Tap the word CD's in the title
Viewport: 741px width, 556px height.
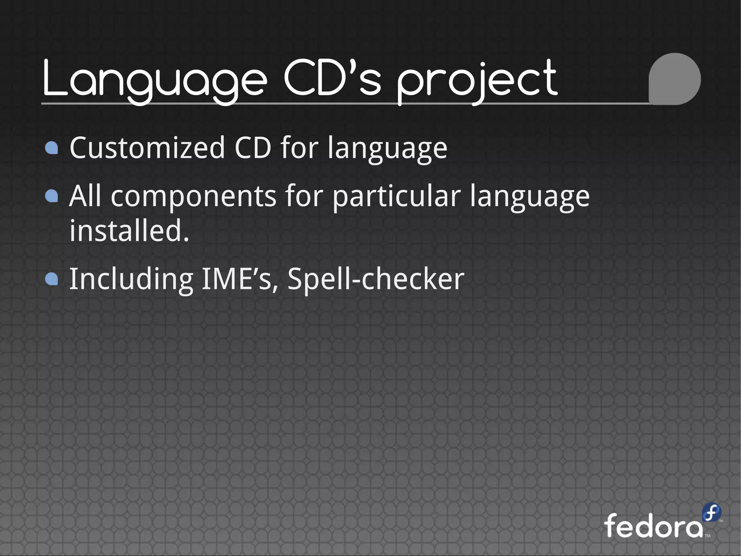click(x=332, y=78)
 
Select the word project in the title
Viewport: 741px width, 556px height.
click(x=477, y=80)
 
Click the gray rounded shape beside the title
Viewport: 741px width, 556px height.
click(x=674, y=79)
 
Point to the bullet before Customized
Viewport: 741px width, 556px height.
click(x=52, y=148)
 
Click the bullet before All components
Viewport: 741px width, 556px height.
click(x=52, y=196)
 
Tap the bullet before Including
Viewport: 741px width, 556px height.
click(x=52, y=279)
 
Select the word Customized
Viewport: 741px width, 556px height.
click(x=148, y=148)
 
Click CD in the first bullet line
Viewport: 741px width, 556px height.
click(x=253, y=148)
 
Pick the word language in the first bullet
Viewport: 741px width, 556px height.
click(x=387, y=149)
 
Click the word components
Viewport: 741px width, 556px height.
click(x=194, y=196)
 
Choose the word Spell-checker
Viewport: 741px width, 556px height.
click(x=376, y=279)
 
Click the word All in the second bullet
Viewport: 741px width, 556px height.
click(x=85, y=196)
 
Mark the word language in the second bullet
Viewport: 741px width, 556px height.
click(x=530, y=197)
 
